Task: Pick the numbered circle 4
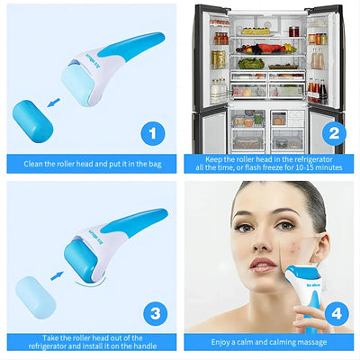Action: click(x=335, y=314)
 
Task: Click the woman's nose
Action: click(x=261, y=249)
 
